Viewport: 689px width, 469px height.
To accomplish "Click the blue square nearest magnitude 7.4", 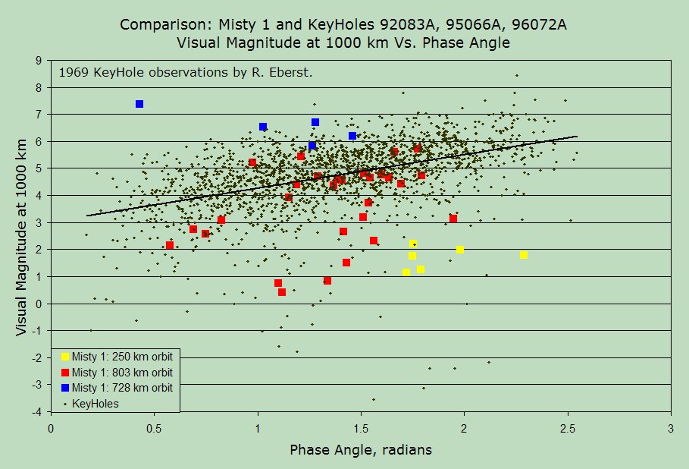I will [x=139, y=104].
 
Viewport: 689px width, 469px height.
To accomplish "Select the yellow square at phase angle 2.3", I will [x=524, y=255].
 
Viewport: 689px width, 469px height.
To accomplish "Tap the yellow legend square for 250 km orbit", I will [x=65, y=356].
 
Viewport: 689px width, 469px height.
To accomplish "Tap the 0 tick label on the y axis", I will [x=39, y=304].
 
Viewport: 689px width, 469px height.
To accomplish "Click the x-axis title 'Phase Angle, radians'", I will [x=361, y=450].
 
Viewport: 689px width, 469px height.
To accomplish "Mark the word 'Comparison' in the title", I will [x=157, y=25].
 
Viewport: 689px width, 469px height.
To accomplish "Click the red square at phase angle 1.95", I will [x=453, y=219].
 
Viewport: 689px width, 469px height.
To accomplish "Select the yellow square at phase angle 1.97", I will [x=460, y=250].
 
